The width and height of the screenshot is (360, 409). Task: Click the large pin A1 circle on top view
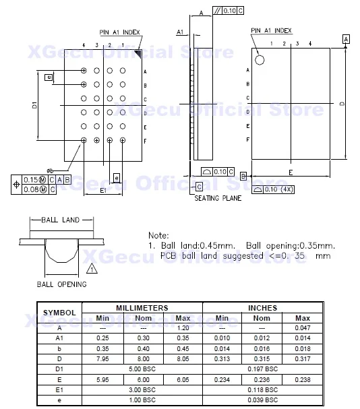tap(260, 59)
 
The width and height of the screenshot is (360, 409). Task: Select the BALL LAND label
tap(61, 220)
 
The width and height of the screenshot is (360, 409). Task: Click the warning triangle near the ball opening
tap(92, 268)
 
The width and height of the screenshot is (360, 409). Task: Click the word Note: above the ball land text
tap(159, 235)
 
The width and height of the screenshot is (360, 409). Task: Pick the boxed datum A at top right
tap(346, 40)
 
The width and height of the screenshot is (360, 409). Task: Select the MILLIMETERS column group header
tap(142, 307)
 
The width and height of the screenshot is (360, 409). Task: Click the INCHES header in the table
tap(263, 307)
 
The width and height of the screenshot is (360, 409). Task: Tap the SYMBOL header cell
tap(59, 313)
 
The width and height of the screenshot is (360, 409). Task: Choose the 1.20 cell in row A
tap(182, 328)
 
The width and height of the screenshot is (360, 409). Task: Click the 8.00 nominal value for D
tap(142, 359)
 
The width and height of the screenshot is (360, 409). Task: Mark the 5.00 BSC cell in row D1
tap(142, 369)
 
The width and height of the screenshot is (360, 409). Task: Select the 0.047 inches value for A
tap(303, 328)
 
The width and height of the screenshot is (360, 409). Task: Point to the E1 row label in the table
tap(59, 390)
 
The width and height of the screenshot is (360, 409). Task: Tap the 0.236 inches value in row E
tap(262, 380)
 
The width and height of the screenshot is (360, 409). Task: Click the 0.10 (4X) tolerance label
tap(276, 190)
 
